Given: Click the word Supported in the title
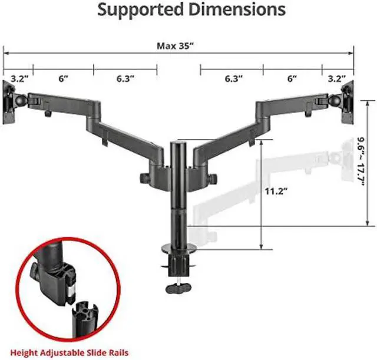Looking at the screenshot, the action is [141, 10].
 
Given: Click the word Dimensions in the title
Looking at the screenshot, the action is [237, 9].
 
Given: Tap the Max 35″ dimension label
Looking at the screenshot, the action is [175, 46].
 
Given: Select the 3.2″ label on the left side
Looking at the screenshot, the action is [19, 78].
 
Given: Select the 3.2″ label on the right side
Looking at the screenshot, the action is [336, 78].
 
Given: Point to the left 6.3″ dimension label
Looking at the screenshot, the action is [125, 78].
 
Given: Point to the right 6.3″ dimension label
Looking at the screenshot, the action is [233, 78].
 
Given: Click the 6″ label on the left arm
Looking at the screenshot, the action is [64, 78].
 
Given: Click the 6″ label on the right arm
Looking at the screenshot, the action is [292, 78].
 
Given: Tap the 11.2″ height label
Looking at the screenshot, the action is [276, 191].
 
